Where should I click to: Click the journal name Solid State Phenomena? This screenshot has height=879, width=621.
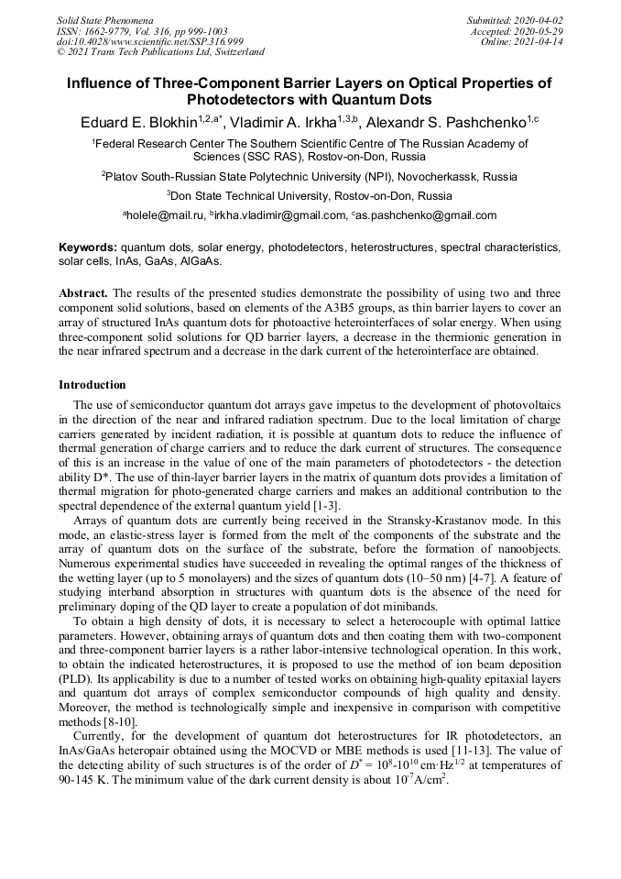tap(104, 19)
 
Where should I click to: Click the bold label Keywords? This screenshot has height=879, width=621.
tap(88, 247)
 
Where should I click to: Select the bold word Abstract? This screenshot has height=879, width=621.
tap(83, 293)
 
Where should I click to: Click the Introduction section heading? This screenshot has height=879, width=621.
tap(92, 385)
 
